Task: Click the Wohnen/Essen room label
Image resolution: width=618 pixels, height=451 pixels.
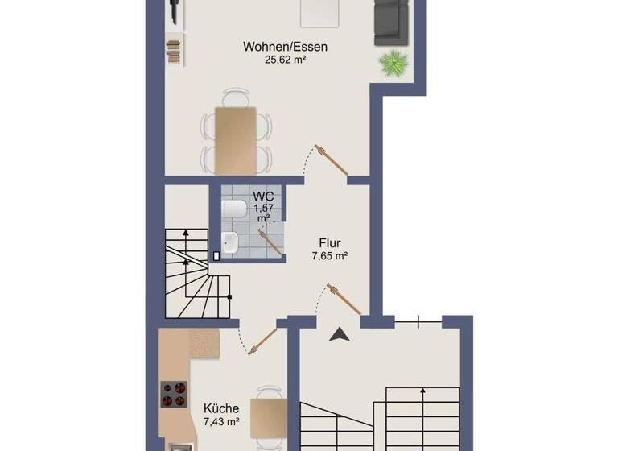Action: [x=285, y=47]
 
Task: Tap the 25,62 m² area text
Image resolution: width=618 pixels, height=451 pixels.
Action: [x=285, y=60]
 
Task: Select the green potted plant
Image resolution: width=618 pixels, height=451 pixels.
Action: [x=394, y=62]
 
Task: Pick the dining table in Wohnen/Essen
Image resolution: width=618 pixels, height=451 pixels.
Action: [x=236, y=139]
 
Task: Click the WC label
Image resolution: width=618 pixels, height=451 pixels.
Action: [x=262, y=197]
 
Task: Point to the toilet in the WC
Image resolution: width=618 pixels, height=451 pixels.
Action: [x=233, y=210]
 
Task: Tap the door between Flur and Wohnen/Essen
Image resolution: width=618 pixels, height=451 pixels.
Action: [x=331, y=159]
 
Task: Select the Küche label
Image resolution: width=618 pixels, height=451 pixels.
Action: [x=220, y=408]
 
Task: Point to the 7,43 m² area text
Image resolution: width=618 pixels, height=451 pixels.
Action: [x=220, y=421]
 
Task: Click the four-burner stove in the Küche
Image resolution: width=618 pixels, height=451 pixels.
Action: [x=174, y=395]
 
